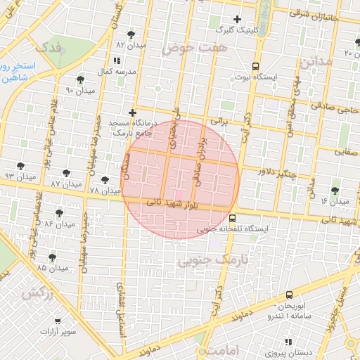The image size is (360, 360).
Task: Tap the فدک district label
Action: coord(50,49)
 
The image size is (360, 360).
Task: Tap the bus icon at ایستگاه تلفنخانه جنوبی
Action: coord(232,218)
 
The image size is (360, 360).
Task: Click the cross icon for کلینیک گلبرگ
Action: coord(237,19)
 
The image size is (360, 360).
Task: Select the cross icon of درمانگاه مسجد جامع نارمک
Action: coord(131,112)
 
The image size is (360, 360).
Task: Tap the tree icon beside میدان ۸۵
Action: coord(51,257)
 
